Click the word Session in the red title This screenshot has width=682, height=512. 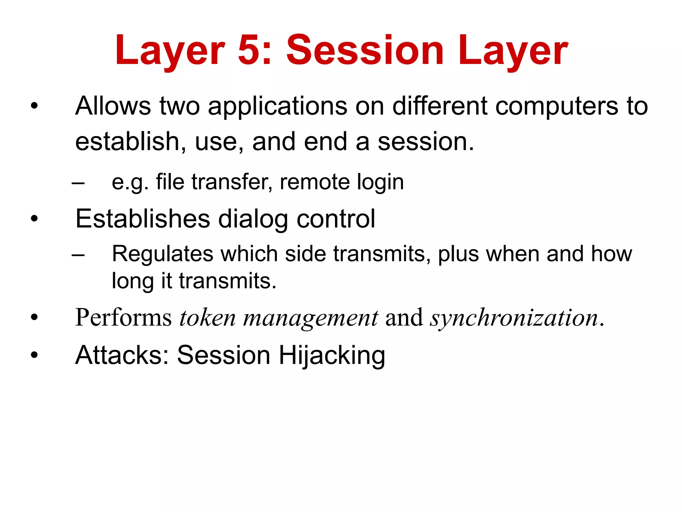(365, 51)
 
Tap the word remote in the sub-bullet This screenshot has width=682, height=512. (314, 182)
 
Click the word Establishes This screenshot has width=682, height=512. (143, 219)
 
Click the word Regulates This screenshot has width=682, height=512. (162, 254)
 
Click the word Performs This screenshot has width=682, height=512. (124, 318)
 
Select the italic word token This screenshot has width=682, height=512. (207, 318)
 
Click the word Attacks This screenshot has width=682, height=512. (123, 355)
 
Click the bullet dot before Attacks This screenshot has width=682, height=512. (34, 355)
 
